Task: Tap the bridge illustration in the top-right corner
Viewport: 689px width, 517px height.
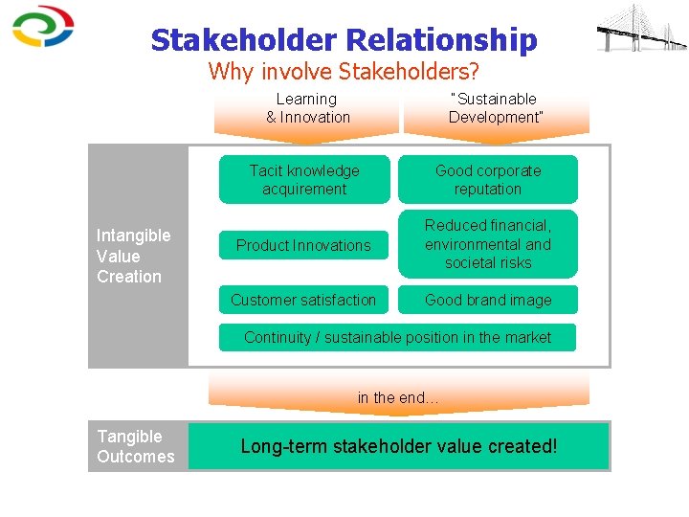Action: click(x=640, y=28)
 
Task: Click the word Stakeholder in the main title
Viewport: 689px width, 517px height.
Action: click(x=243, y=40)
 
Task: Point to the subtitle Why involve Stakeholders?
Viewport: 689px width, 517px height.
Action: click(x=344, y=71)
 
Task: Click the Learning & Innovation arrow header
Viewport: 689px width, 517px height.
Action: click(x=307, y=108)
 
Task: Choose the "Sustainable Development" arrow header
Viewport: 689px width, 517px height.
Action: click(x=496, y=108)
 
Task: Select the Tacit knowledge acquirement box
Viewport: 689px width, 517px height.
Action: click(x=304, y=180)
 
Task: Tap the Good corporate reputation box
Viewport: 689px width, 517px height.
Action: click(x=488, y=180)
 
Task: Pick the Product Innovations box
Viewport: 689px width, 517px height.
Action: click(x=303, y=245)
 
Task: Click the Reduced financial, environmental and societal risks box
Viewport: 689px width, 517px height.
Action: click(x=488, y=244)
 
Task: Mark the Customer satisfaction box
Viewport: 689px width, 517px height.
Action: click(x=303, y=300)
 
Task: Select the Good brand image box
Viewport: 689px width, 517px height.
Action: click(x=488, y=300)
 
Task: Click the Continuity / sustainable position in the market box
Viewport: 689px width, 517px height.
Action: click(x=397, y=337)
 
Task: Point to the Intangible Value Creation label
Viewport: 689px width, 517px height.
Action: click(x=133, y=256)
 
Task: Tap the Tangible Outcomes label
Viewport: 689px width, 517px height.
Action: click(x=135, y=447)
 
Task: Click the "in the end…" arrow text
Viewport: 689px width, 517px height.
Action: click(x=398, y=397)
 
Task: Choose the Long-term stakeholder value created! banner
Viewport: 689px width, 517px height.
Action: click(x=398, y=446)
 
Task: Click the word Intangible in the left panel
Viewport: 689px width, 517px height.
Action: click(x=133, y=236)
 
